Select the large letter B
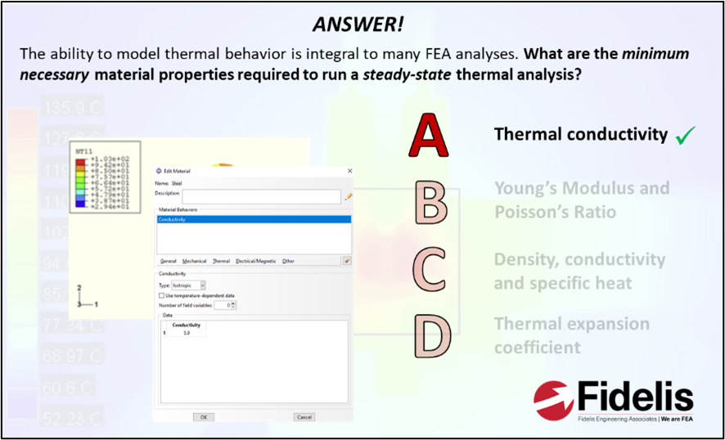pyautogui.click(x=430, y=202)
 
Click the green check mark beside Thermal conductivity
pyautogui.click(x=684, y=137)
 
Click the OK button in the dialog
pyautogui.click(x=203, y=416)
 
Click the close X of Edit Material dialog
pyautogui.click(x=349, y=170)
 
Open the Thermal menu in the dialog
pyautogui.click(x=221, y=261)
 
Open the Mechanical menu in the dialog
pyautogui.click(x=194, y=261)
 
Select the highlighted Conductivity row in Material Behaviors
pyautogui.click(x=253, y=219)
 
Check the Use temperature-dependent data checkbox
pyautogui.click(x=160, y=294)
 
